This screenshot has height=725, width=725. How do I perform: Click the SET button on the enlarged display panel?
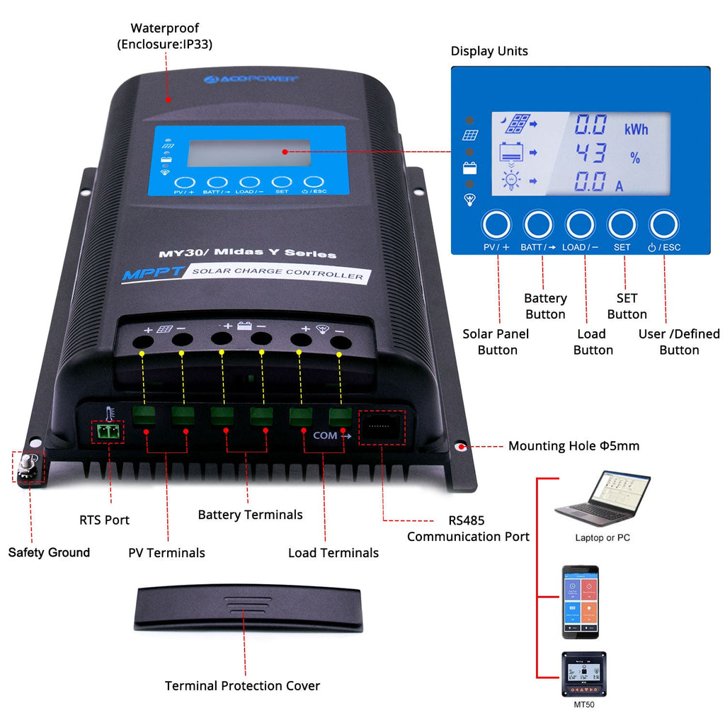point(622,224)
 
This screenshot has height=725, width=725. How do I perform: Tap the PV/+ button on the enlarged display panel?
point(496,224)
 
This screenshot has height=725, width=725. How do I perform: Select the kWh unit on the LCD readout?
point(635,130)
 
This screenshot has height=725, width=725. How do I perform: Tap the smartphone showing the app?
point(581,601)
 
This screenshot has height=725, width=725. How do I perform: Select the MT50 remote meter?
point(584,675)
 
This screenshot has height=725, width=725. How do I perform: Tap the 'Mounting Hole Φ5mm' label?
point(573,446)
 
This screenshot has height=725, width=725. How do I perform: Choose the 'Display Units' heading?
point(489,51)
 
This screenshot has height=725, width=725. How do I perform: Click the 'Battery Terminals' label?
point(250,515)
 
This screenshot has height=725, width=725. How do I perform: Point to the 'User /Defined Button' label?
point(678,342)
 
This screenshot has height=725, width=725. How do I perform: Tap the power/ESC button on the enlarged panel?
point(664,224)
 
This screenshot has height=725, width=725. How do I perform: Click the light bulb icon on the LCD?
point(510,181)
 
